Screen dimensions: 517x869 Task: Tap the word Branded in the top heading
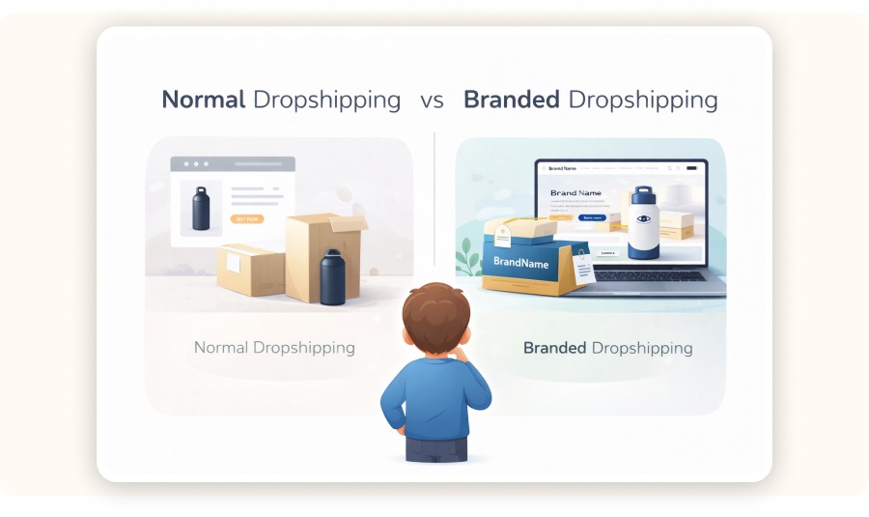click(511, 100)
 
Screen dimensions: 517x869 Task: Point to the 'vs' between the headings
click(432, 101)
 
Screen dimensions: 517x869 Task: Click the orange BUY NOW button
click(247, 219)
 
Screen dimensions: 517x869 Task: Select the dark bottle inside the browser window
click(201, 209)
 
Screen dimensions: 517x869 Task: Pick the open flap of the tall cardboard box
click(346, 223)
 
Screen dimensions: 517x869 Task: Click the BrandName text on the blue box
click(520, 261)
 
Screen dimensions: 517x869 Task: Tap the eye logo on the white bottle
click(642, 220)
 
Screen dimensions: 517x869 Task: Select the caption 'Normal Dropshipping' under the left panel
click(274, 347)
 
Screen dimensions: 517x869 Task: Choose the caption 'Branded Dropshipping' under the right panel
click(607, 347)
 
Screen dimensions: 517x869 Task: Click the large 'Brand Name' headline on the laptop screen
click(575, 193)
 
